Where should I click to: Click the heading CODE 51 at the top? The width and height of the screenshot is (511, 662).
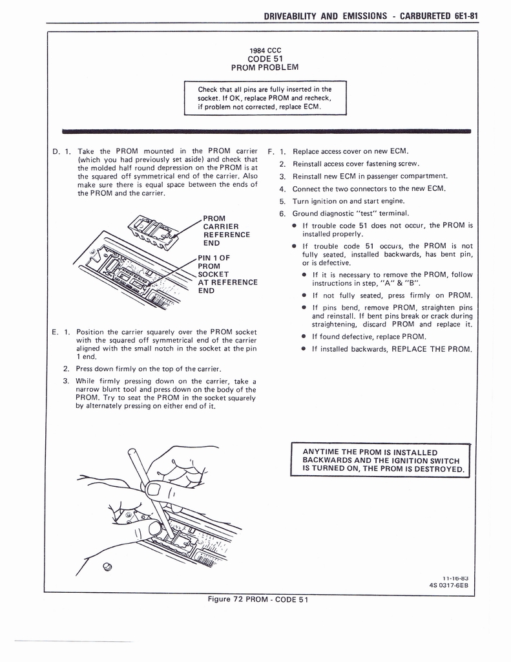coord(265,59)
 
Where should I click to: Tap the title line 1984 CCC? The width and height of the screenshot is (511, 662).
coord(265,50)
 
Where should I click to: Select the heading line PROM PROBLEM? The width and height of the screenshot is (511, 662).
coord(265,68)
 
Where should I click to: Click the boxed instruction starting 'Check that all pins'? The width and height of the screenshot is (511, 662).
coord(265,98)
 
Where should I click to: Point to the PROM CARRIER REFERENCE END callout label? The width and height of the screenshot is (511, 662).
coord(226,230)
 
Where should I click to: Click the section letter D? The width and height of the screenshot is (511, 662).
coord(56,152)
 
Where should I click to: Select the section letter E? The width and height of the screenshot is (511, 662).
coord(56,332)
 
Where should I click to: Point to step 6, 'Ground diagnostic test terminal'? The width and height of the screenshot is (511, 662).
coord(350,213)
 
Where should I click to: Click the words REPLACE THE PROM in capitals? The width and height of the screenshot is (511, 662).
coord(432,349)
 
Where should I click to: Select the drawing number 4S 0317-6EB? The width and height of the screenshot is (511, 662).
coord(448,585)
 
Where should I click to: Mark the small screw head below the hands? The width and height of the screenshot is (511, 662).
coord(107,567)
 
